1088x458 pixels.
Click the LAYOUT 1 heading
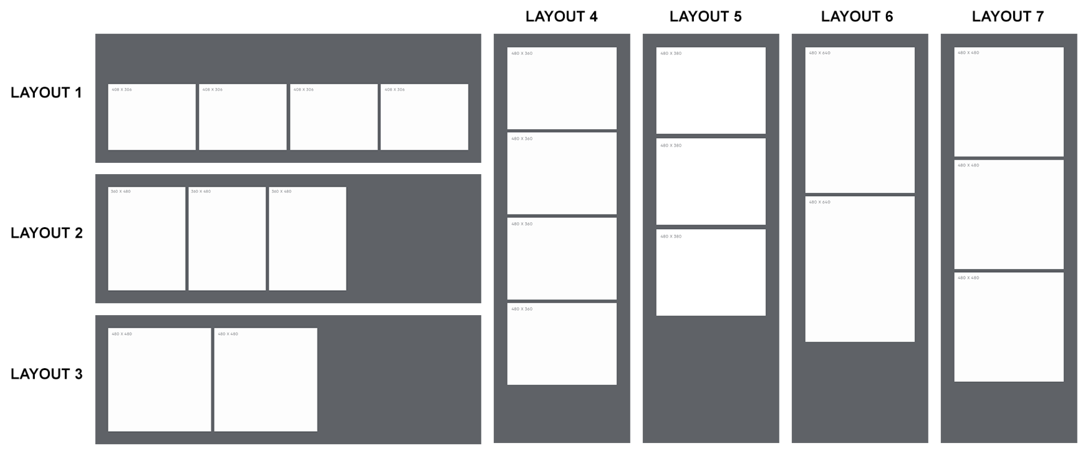click(x=46, y=92)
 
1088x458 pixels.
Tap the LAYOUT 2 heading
click(x=46, y=233)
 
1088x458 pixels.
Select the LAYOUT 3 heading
click(x=46, y=374)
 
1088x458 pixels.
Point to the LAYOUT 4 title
click(x=561, y=17)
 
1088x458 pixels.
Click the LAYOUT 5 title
click(x=705, y=17)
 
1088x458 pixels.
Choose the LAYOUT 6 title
click(x=857, y=17)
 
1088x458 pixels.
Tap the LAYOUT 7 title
click(x=1008, y=17)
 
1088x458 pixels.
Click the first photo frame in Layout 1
click(x=152, y=117)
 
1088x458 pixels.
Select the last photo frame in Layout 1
click(x=424, y=117)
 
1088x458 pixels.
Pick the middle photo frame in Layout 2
click(x=227, y=239)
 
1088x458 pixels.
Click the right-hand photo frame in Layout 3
click(x=266, y=379)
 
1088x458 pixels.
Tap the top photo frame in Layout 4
click(x=562, y=88)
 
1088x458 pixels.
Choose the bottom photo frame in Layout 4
click(x=562, y=344)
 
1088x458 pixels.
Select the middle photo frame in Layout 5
click(x=711, y=182)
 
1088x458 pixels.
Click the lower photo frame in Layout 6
click(x=860, y=269)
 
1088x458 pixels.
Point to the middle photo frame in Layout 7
click(x=1009, y=215)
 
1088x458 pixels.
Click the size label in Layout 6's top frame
click(x=819, y=53)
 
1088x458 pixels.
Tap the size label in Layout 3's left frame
click(x=122, y=334)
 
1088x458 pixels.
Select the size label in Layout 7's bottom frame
click(x=968, y=278)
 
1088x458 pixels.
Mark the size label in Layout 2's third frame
click(x=281, y=192)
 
